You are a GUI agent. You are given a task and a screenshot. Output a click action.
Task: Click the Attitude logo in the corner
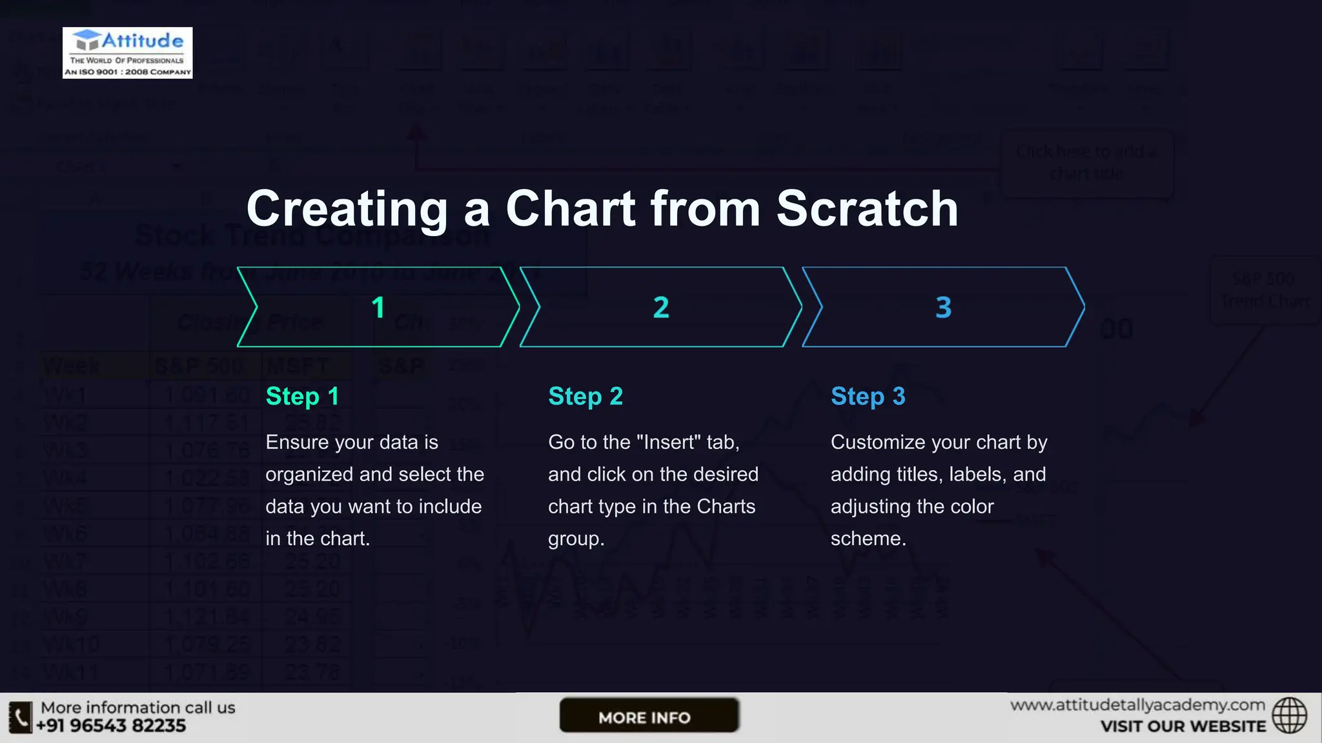click(127, 53)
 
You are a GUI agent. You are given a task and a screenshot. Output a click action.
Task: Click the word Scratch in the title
click(867, 208)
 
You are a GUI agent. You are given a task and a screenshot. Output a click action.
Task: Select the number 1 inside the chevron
click(378, 308)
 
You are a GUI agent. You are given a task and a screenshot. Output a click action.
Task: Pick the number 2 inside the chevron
click(661, 308)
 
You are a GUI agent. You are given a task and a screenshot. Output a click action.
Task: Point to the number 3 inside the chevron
click(943, 308)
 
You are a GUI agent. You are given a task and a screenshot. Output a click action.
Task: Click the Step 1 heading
click(302, 397)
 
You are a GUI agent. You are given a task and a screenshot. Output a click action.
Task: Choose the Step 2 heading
click(585, 397)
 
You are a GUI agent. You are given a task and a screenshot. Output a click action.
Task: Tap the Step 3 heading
click(868, 397)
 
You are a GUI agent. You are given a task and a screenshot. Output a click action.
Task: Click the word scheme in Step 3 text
click(868, 539)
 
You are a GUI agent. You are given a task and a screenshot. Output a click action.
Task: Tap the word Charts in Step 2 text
click(726, 507)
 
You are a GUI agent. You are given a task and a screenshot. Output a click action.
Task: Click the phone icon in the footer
click(20, 717)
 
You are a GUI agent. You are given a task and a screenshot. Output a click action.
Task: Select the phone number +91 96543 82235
click(111, 726)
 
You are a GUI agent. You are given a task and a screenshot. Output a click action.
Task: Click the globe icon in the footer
click(1289, 716)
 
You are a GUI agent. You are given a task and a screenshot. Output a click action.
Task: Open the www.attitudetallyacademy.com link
click(1137, 705)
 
